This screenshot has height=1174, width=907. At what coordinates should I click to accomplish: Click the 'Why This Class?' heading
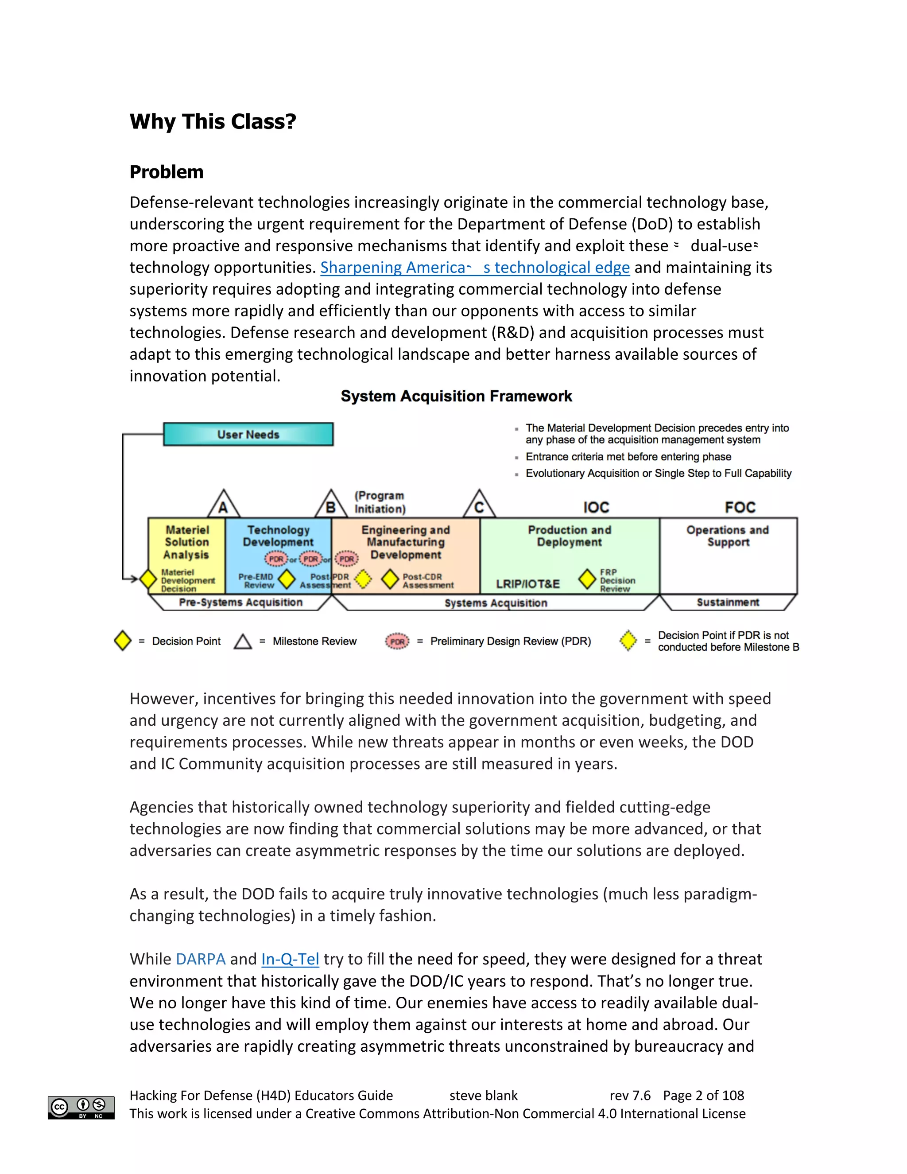213,121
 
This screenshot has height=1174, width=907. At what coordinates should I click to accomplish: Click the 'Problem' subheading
167,172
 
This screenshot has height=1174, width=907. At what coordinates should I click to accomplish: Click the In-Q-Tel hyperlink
290,959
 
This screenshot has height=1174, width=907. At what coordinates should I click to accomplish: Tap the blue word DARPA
201,959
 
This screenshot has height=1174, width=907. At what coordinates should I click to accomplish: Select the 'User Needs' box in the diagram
248,434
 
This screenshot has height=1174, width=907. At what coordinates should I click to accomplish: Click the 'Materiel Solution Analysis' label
186,542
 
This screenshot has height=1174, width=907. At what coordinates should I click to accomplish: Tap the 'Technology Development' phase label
278,536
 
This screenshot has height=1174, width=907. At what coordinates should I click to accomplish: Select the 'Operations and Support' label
728,536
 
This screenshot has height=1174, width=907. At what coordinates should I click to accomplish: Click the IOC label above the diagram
596,507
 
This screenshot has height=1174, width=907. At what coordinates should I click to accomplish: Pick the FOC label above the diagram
740,507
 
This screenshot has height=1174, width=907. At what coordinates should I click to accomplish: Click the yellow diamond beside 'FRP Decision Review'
587,579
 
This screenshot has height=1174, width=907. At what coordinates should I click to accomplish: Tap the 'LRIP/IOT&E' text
527,584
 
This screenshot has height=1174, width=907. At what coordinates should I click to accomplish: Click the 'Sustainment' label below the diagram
728,603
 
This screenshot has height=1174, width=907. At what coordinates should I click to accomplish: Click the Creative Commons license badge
81,1108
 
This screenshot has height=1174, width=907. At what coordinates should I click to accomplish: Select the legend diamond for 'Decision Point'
123,641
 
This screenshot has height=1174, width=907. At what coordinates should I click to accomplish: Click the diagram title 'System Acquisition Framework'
456,396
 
